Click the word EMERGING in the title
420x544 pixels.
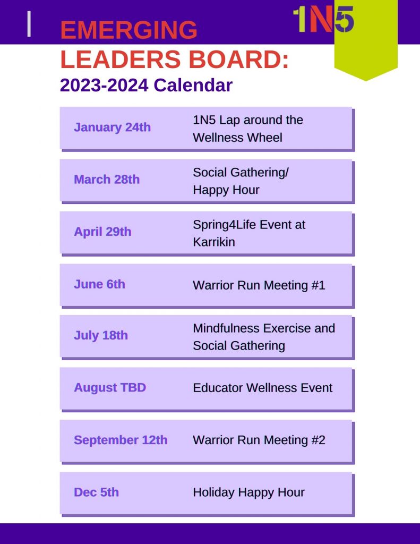coord(128,30)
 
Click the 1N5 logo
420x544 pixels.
coord(323,20)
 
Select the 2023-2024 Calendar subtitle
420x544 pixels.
coord(146,86)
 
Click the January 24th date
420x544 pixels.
coord(113,127)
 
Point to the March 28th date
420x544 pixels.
coord(107,180)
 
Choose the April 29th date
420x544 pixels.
coord(102,232)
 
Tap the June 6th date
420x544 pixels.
coord(99,284)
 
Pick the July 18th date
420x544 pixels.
coord(101,336)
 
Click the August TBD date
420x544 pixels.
coord(110,387)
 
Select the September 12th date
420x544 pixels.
coord(121,440)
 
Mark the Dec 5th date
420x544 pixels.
coord(97,492)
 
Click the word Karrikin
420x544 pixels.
coord(214,242)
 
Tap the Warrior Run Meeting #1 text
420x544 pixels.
coord(259,285)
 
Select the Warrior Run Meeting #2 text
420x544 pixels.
coord(259,440)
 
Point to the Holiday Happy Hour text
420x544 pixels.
coord(248,492)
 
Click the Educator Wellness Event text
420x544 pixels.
coord(262,387)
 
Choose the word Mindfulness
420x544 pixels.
coord(226,328)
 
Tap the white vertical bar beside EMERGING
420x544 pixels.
coord(29,23)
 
